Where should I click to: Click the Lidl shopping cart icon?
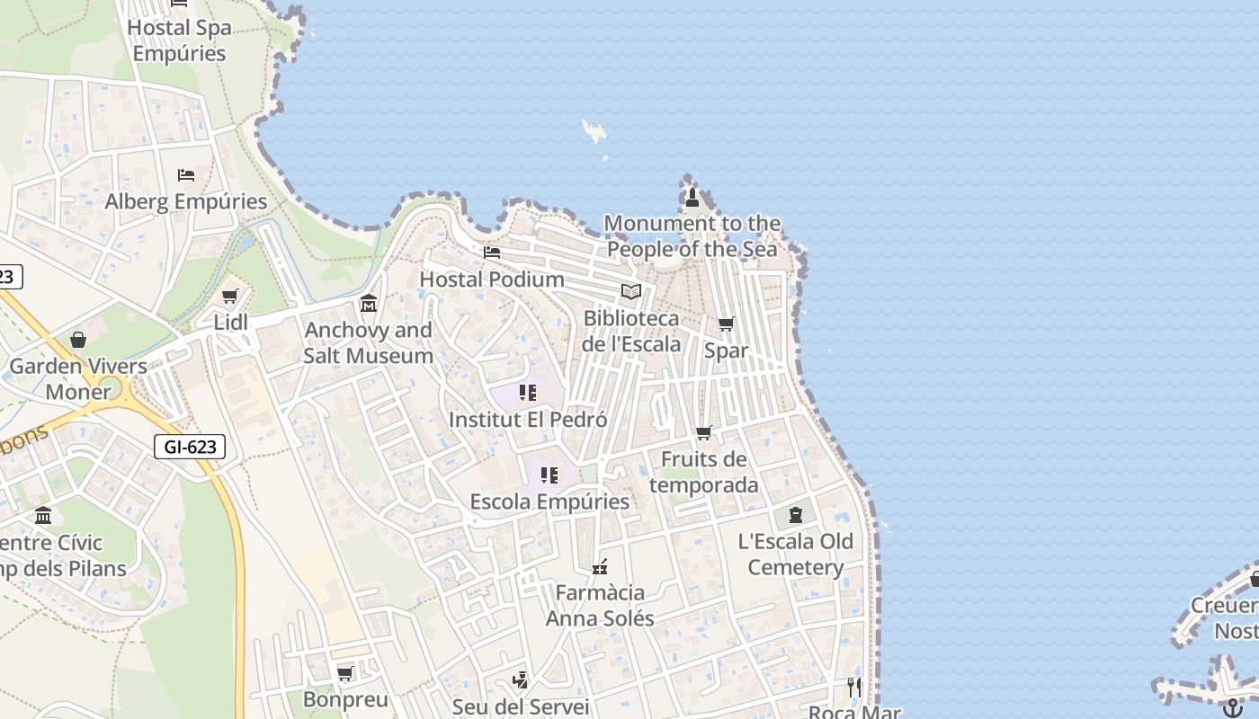[229, 297]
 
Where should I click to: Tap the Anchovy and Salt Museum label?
[368, 342]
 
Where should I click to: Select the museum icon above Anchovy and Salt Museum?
[368, 304]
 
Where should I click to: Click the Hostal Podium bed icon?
[492, 253]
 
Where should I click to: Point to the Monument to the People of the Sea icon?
[692, 197]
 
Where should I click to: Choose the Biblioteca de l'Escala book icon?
[631, 292]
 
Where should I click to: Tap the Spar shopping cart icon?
[726, 324]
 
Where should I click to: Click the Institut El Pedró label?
[528, 420]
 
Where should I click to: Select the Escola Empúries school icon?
[549, 475]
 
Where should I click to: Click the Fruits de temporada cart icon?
[704, 433]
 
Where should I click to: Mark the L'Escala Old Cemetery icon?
[795, 515]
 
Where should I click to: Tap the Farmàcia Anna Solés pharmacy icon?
[600, 566]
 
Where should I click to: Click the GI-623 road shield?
[189, 447]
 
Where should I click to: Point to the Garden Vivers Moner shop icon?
[78, 340]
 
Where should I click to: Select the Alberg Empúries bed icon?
[186, 174]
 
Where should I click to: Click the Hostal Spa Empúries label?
[179, 40]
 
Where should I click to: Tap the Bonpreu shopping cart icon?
[344, 673]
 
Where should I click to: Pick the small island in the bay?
[594, 131]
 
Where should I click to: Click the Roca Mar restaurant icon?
[853, 688]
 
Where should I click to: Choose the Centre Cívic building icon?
[43, 516]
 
